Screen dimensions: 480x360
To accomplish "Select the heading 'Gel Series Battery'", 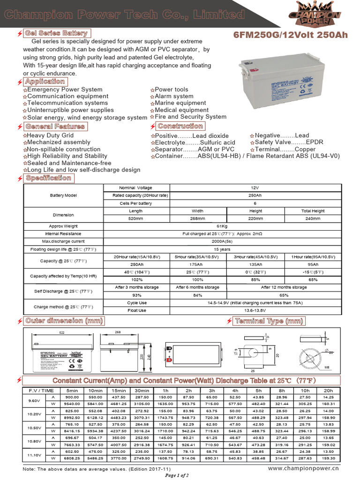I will pos(56,33).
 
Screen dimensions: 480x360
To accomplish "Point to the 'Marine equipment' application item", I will pos(180,103).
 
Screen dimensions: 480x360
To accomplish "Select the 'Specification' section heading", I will pos(48,178).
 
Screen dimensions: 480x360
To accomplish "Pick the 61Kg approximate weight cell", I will pos(222,226).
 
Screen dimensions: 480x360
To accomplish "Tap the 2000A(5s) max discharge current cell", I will pos(222,241).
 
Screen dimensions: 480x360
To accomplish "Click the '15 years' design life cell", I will pos(222,249).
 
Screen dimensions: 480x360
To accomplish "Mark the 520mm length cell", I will pos(135,218).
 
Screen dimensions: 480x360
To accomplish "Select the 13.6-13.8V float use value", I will pos(255,310).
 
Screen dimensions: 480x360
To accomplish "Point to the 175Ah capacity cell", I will pos(197,264).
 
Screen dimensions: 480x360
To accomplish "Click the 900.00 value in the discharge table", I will pos(72,397).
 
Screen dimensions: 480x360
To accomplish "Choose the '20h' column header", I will pos(328,390).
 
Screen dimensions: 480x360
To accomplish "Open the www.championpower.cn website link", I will pos(303,468).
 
